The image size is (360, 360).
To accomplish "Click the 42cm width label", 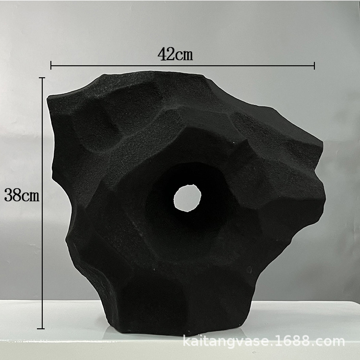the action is pos(175,54).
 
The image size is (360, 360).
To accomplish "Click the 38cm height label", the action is pos(22,195).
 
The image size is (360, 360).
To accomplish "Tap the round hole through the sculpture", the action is pos(187,198).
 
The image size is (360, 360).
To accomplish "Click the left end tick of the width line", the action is pos(51,65).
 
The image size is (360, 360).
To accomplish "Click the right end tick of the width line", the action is pos(314,65).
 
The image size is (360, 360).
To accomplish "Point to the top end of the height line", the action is pos(42,78).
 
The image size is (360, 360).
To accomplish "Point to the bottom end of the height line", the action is pos(41,328).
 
